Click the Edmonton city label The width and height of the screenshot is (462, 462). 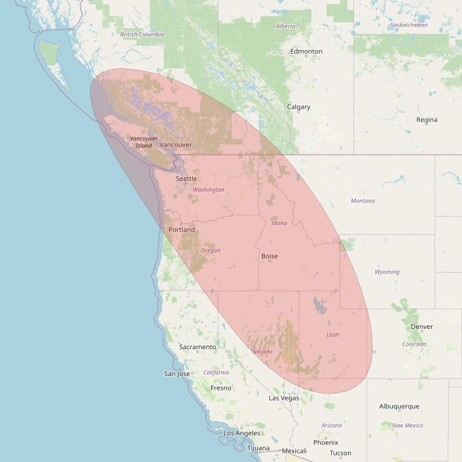306,51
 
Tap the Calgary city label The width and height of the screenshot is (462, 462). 298,107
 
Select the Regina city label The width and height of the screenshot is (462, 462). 427,120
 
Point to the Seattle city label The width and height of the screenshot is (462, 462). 186,178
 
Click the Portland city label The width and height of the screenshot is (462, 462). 181,229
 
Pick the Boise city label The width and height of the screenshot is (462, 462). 270,256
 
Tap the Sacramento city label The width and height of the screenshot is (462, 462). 198,347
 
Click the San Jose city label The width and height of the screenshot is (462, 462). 177,374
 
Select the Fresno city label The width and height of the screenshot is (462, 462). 221,388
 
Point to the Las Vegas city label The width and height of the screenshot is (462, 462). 284,398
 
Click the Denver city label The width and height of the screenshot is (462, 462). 422,327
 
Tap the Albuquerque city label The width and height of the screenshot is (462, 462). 399,406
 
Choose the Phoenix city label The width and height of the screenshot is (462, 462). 326,442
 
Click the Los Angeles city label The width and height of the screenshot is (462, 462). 242,433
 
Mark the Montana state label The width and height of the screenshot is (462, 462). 363,201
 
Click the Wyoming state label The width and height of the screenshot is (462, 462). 387,272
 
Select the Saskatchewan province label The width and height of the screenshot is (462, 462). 409,25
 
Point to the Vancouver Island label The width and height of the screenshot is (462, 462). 144,142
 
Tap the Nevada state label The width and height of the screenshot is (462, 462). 263,352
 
